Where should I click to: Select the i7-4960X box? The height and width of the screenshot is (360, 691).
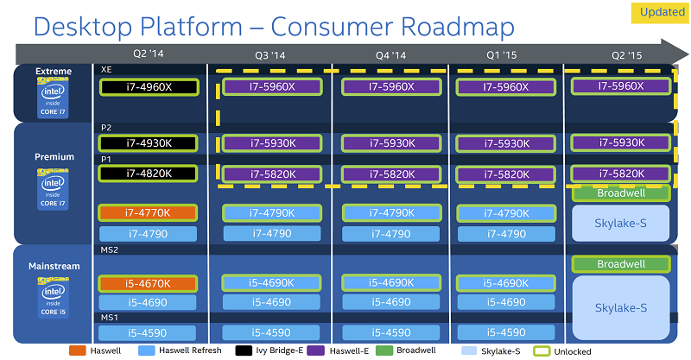pyautogui.click(x=149, y=87)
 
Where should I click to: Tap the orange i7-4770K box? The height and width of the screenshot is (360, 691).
pyautogui.click(x=148, y=213)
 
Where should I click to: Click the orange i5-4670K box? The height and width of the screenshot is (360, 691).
pyautogui.click(x=148, y=283)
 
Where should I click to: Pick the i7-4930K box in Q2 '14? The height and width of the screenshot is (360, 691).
pyautogui.click(x=148, y=143)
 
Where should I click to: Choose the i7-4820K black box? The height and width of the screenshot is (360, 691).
pyautogui.click(x=148, y=174)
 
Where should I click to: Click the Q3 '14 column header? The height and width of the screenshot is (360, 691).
pyautogui.click(x=270, y=55)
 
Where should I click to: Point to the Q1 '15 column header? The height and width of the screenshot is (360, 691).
pyautogui.click(x=502, y=55)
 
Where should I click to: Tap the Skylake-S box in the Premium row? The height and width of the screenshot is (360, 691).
pyautogui.click(x=620, y=224)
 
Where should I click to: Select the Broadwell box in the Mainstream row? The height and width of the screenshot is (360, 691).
pyautogui.click(x=621, y=264)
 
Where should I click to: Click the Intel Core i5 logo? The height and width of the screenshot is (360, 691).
pyautogui.click(x=53, y=297)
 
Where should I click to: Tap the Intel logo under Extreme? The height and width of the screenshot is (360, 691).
pyautogui.click(x=53, y=98)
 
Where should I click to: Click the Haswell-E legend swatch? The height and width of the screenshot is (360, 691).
pyautogui.click(x=315, y=351)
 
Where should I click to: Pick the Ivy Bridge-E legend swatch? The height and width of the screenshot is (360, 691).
pyautogui.click(x=244, y=351)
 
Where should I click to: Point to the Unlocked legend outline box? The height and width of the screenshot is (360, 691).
pyautogui.click(x=542, y=351)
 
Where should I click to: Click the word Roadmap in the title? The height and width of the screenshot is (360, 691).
pyautogui.click(x=458, y=27)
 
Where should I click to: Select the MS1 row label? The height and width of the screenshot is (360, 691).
pyautogui.click(x=110, y=317)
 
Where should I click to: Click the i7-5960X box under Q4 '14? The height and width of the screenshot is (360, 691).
pyautogui.click(x=391, y=87)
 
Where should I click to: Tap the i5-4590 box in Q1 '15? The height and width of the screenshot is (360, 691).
pyautogui.click(x=506, y=332)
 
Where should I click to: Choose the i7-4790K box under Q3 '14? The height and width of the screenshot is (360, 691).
pyautogui.click(x=272, y=213)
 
